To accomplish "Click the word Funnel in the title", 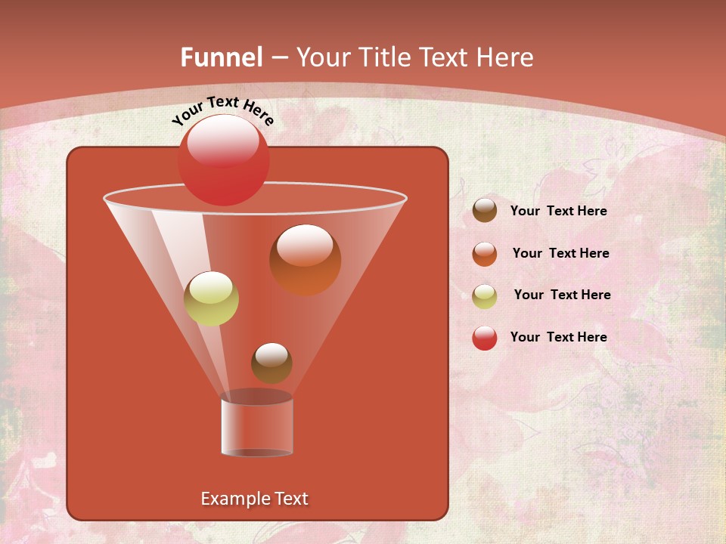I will coord(221,57).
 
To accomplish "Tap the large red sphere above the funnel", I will coord(223,159).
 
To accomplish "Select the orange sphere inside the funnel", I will coord(305,260).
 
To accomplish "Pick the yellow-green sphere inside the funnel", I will coord(212,298).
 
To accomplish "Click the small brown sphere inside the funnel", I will coord(271,363).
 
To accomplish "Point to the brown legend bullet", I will coord(485,211).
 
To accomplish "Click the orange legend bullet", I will coord(485,254).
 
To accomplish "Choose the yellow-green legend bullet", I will coord(485,295).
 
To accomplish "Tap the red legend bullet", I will coord(485,338).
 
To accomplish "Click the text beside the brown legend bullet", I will coord(558,212).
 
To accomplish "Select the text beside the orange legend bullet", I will coord(560,254).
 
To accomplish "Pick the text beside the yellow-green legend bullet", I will coord(562,295).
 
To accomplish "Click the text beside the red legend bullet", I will coord(558,337).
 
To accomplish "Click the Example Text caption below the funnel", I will coord(254,499).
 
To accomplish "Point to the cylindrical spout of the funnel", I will coord(256,427).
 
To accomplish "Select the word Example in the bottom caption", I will coord(234,499).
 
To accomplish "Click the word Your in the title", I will coord(321,57).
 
